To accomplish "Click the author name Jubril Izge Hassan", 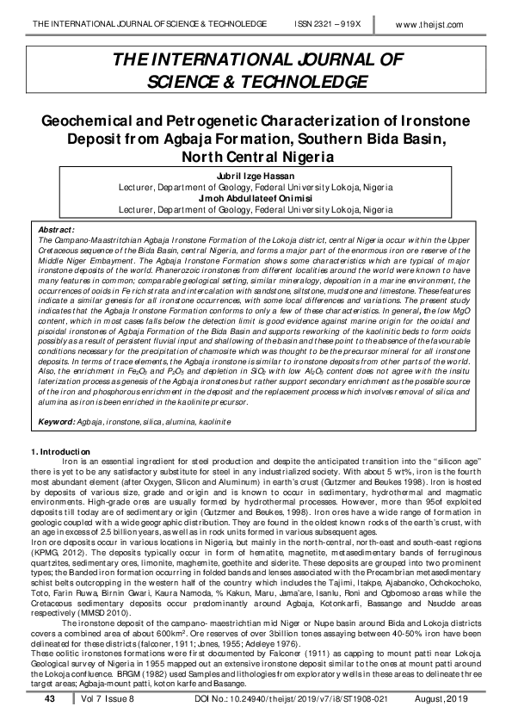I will click(255, 176).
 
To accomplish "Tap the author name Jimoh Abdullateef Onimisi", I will click(255, 197).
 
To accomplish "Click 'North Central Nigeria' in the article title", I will click(256, 158).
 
